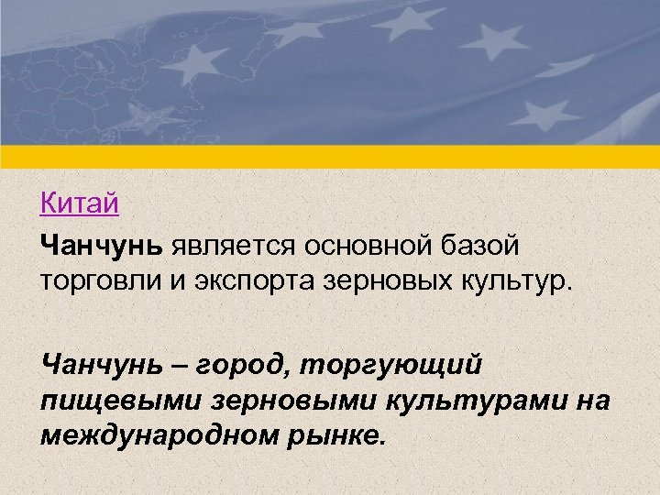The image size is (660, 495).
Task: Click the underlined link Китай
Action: [x=80, y=202]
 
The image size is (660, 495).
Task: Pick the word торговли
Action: [x=100, y=279]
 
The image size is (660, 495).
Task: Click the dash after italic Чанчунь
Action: [x=181, y=366]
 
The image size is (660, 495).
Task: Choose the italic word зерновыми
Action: [x=283, y=400]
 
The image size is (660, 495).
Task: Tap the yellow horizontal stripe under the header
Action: [x=330, y=157]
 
